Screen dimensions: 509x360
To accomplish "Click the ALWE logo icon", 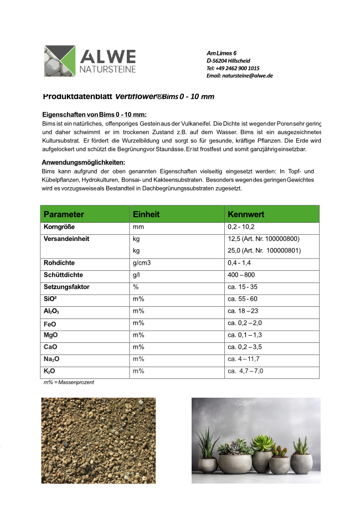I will click(60, 61).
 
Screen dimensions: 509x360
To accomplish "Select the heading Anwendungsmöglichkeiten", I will click(83, 162).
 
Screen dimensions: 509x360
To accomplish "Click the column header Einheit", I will click(146, 214).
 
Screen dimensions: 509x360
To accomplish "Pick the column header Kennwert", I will click(246, 214).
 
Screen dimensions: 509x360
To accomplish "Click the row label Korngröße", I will click(59, 227).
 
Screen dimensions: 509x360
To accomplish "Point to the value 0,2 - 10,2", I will click(241, 227).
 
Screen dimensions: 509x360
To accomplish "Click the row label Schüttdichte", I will click(64, 275).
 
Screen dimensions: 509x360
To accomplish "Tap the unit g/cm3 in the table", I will click(142, 263).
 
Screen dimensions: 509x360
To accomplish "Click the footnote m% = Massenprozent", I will click(69, 383).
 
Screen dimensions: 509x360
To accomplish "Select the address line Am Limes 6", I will click(222, 53).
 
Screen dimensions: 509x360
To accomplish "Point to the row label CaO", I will click(51, 347).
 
